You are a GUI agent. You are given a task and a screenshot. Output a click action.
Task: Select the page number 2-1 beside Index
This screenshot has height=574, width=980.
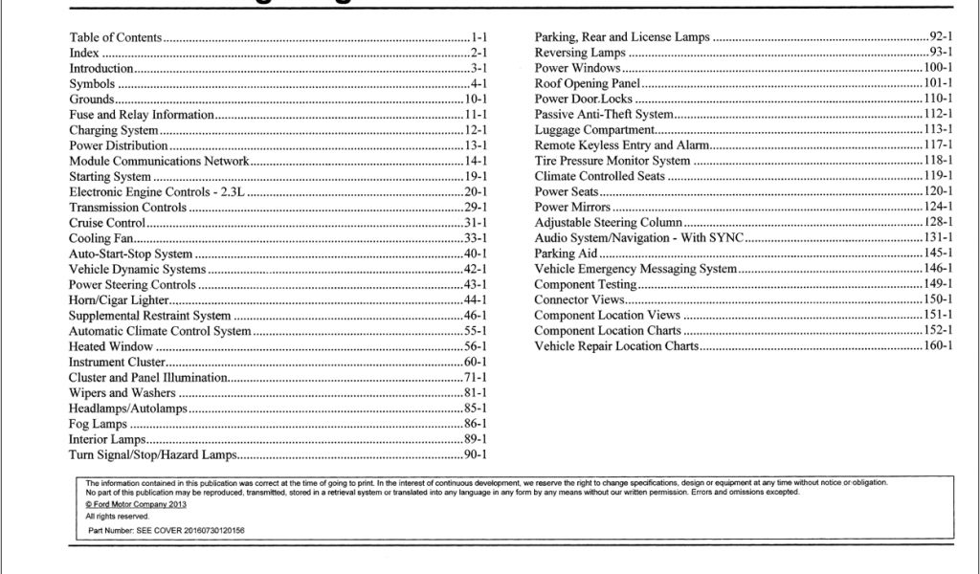click(x=479, y=54)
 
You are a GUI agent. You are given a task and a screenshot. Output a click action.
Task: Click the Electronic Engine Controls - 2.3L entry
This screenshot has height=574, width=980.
click(x=158, y=191)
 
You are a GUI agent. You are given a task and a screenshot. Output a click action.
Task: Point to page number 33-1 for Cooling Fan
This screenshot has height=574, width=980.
click(x=476, y=238)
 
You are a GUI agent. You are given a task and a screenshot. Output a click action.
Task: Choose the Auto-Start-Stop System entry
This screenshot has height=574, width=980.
click(x=130, y=254)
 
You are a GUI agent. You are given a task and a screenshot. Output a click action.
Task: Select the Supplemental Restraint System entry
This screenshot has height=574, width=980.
click(x=150, y=316)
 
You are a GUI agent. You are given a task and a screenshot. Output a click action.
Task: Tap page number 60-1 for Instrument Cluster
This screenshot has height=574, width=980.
click(x=476, y=363)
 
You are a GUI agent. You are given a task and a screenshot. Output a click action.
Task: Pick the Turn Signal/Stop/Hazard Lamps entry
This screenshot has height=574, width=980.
click(x=152, y=454)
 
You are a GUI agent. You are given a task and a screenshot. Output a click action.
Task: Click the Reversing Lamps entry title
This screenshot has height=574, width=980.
click(x=580, y=53)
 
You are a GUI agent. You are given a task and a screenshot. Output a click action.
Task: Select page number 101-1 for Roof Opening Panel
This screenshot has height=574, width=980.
click(x=936, y=83)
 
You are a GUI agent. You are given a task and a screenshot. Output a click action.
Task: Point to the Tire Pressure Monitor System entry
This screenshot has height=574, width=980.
click(x=612, y=161)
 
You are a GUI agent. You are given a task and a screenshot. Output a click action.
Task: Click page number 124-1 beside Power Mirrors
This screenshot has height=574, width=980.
click(x=936, y=208)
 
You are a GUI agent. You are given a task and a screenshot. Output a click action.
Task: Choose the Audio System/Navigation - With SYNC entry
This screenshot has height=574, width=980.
click(x=639, y=238)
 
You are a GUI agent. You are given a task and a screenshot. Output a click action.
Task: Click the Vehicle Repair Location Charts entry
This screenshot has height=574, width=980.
click(x=616, y=346)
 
